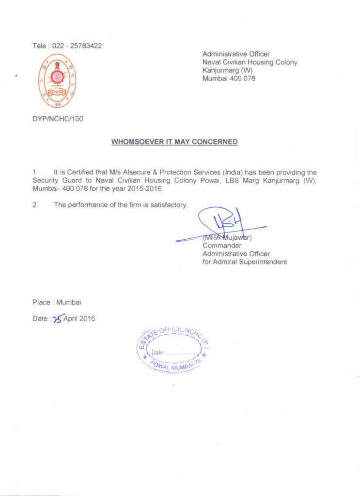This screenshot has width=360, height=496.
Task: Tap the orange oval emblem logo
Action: [x=58, y=80]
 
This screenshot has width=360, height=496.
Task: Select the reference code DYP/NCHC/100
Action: [x=58, y=119]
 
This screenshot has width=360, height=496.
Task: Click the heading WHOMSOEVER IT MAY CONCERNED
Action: [x=174, y=142]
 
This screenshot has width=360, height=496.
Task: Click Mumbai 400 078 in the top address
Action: [x=229, y=78]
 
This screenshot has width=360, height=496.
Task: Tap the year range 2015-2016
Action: [x=146, y=188]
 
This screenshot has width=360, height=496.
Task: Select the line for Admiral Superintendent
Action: [x=245, y=262]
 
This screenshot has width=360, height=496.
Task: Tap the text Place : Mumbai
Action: [x=57, y=302]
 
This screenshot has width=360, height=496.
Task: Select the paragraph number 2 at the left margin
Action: [x=35, y=205]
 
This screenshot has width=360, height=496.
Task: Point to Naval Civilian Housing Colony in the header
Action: [x=250, y=62]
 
